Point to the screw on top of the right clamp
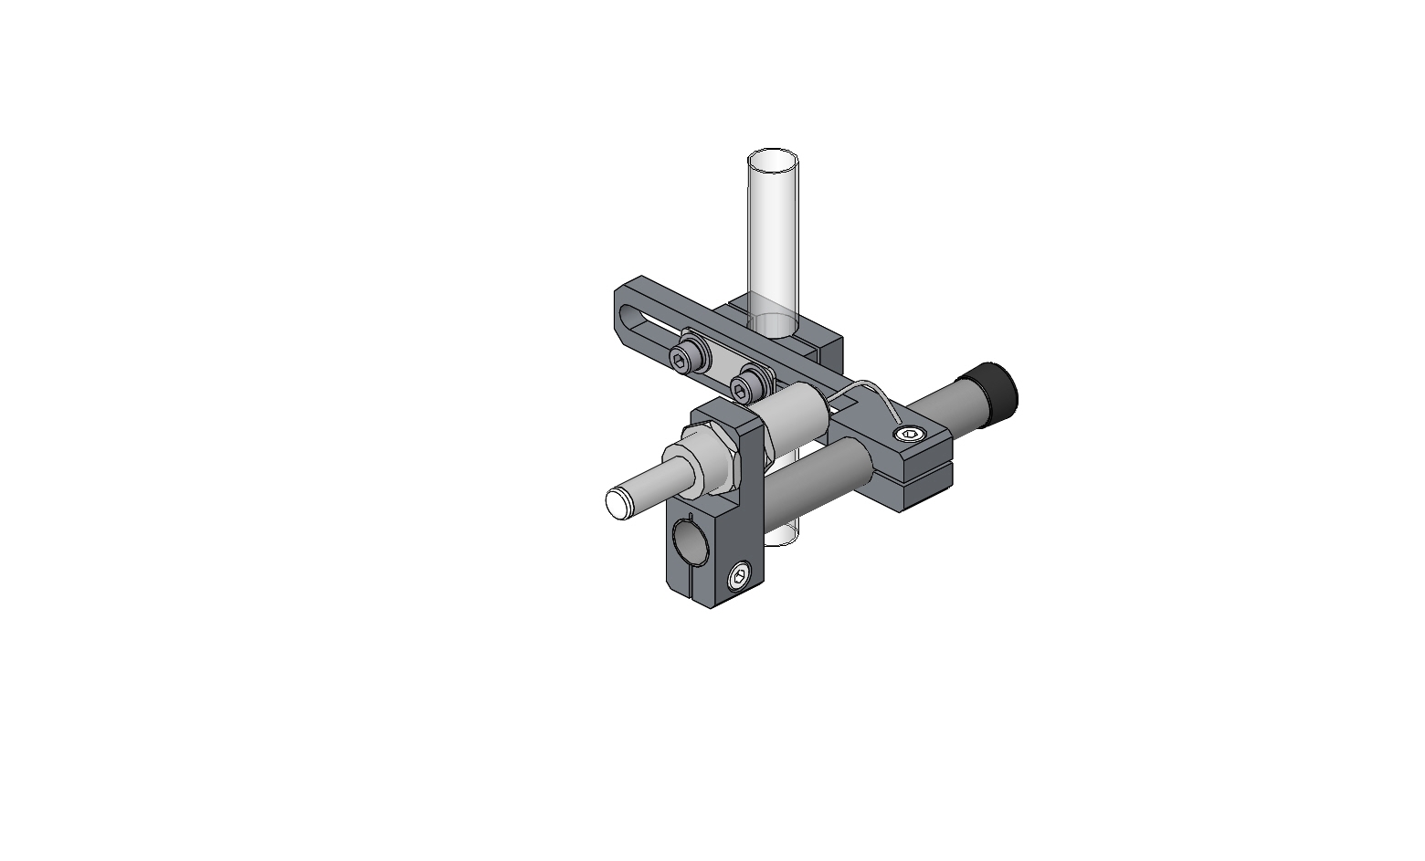[908, 436]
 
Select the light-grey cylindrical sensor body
[795, 416]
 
